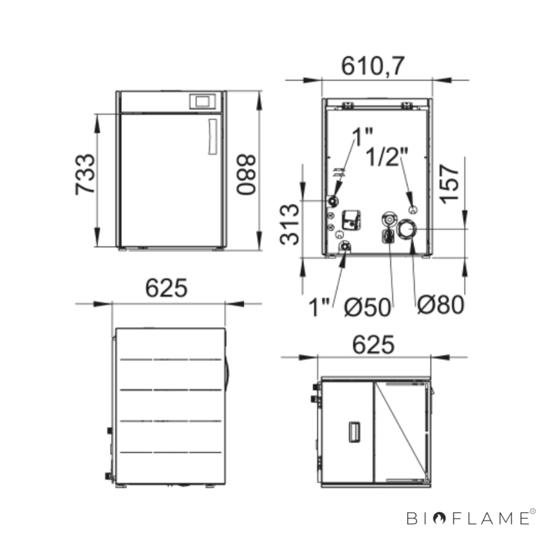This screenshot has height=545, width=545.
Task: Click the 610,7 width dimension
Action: pyautogui.click(x=373, y=66)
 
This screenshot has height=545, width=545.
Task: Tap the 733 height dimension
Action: pyautogui.click(x=84, y=174)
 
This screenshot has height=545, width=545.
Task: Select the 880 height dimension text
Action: pyautogui.click(x=246, y=174)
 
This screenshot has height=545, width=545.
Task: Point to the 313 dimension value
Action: pyautogui.click(x=289, y=224)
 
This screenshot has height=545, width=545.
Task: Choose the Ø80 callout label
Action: pyautogui.click(x=441, y=305)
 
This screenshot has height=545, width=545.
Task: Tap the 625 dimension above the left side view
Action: pyautogui.click(x=166, y=288)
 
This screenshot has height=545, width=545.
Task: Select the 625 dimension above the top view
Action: pyautogui.click(x=373, y=345)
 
